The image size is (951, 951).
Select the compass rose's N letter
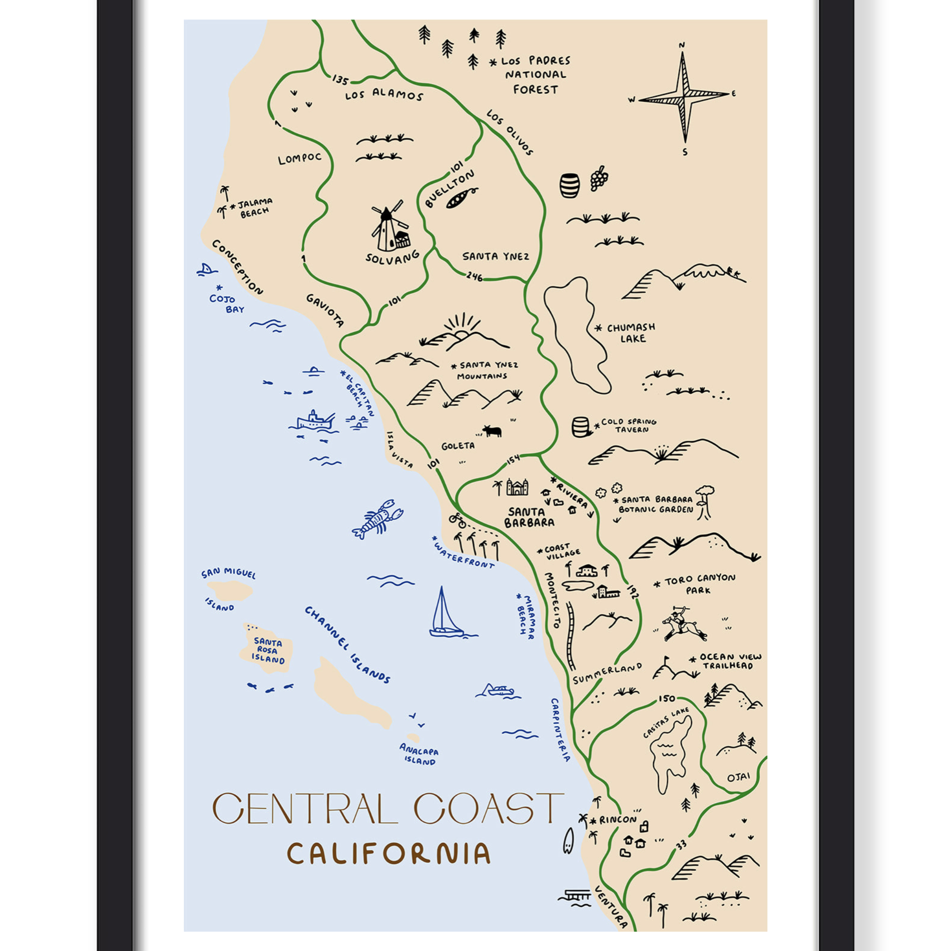[682, 45]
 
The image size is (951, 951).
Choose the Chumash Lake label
[631, 333]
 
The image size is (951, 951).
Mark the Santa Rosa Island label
[268, 651]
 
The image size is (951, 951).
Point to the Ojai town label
[738, 777]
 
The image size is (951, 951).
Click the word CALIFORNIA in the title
[388, 854]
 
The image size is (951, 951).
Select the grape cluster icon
[599, 178]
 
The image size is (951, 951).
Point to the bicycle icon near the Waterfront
[457, 520]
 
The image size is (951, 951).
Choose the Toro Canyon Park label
[699, 584]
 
